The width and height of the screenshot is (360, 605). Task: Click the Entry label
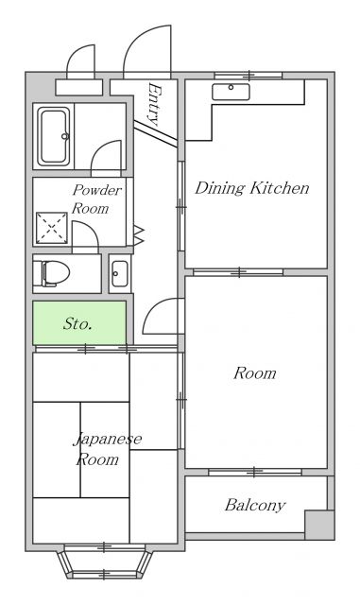tap(154, 104)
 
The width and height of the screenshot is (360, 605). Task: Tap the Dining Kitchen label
tap(252, 188)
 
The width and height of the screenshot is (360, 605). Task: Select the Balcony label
tap(255, 505)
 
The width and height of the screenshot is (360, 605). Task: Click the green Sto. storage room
tap(79, 322)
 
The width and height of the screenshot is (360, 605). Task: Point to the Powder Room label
tap(96, 199)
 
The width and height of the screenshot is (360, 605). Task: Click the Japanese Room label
tap(107, 449)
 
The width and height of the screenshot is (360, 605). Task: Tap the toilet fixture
tap(51, 273)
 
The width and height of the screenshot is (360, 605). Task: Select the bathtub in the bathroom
tap(54, 136)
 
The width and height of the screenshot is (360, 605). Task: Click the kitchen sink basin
tap(231, 92)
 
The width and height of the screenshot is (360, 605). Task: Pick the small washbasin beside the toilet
tap(120, 273)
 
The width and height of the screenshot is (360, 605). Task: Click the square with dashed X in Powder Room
tap(52, 228)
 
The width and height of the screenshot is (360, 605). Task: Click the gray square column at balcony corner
tap(319, 525)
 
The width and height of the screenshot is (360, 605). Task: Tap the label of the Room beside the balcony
tap(255, 373)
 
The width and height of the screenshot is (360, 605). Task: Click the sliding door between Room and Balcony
tap(255, 472)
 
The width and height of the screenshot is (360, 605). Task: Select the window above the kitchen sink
tap(249, 76)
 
